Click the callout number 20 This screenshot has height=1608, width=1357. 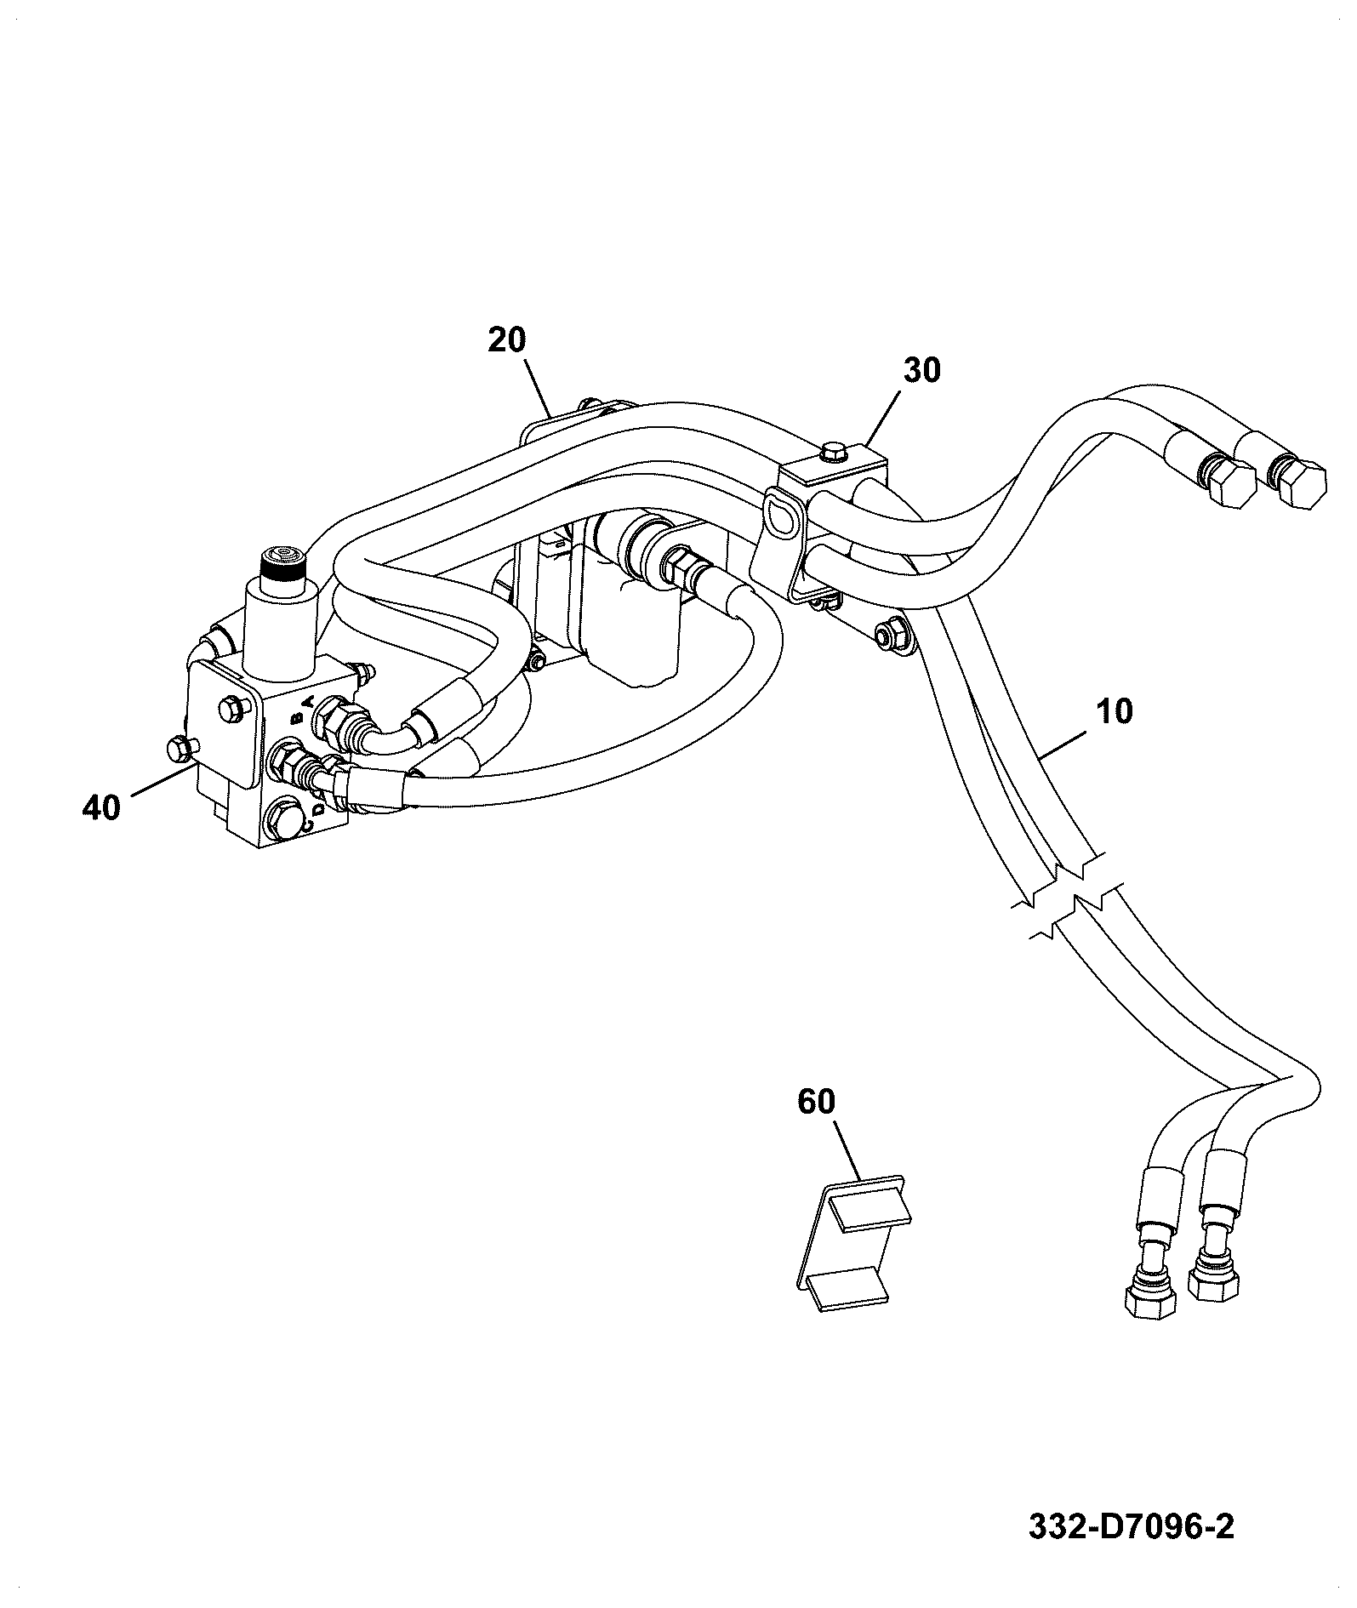pyautogui.click(x=508, y=340)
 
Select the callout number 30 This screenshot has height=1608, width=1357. pyautogui.click(x=921, y=371)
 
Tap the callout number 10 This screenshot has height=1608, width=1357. pyautogui.click(x=1115, y=711)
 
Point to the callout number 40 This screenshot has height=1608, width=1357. pyautogui.click(x=102, y=807)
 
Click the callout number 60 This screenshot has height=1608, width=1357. pyautogui.click(x=817, y=1102)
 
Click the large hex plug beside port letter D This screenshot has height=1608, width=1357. pyautogui.click(x=285, y=819)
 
